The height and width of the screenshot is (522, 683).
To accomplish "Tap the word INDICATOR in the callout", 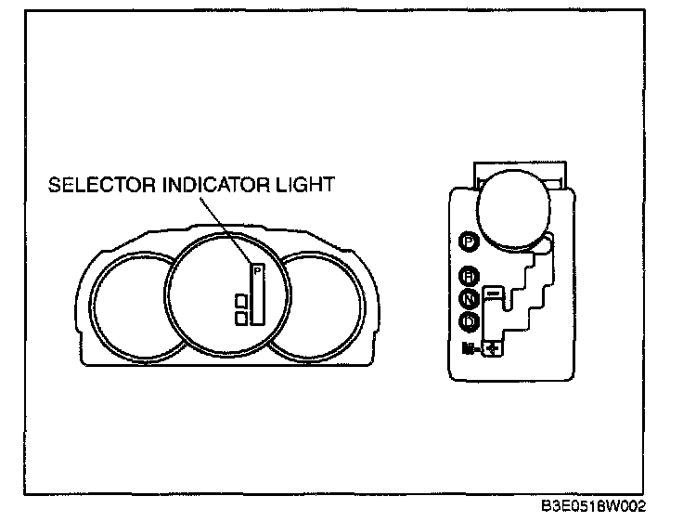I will (201, 184).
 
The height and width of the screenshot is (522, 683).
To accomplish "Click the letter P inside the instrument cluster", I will (258, 271).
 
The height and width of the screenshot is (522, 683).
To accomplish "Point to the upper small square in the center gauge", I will (241, 301).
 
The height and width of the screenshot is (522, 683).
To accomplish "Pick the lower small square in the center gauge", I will (241, 318).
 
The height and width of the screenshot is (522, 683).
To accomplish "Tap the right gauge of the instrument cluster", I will (316, 307).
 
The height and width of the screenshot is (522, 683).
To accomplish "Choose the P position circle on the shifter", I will (470, 242).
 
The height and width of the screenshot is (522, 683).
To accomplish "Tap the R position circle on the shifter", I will (470, 276).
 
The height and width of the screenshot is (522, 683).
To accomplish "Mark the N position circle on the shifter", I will (470, 299).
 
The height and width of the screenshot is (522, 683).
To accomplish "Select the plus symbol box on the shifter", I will (493, 349).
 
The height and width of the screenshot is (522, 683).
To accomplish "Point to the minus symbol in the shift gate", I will (493, 294).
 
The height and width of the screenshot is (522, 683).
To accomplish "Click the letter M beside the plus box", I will (470, 349).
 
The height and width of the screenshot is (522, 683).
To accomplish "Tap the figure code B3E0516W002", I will (594, 507).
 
